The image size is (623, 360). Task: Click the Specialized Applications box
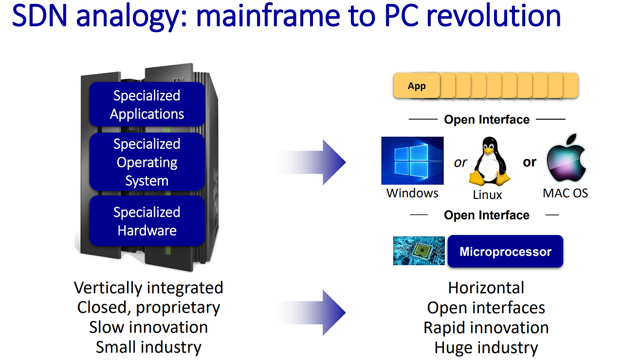point(147,105)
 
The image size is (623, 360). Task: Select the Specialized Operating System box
point(147,162)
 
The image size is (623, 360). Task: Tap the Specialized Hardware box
point(147,221)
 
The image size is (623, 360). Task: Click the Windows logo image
point(412,161)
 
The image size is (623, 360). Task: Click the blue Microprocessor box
point(505,252)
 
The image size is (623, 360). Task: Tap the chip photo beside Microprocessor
point(419,251)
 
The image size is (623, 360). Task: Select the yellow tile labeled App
point(417,86)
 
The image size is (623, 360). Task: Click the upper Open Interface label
point(486,120)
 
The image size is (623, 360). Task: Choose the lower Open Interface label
point(486,216)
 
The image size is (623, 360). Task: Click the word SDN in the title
point(40,16)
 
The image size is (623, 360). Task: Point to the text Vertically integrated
point(148,288)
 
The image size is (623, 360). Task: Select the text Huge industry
point(486,348)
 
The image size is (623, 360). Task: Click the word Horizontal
point(486,288)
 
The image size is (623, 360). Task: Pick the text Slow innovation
point(148,327)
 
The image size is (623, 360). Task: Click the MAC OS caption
point(565,193)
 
